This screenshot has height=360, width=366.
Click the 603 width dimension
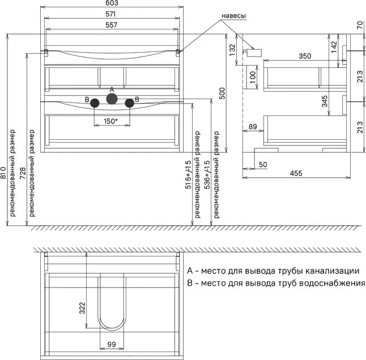(x=112, y=3)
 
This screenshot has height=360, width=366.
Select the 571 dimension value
(x=110, y=14)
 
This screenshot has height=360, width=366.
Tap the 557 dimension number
(x=111, y=25)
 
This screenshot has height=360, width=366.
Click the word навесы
(x=233, y=16)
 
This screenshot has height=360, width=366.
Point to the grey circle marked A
(x=112, y=98)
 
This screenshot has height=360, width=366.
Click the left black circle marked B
(x=95, y=103)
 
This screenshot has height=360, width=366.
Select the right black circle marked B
(x=130, y=103)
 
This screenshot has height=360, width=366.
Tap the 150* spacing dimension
(x=110, y=121)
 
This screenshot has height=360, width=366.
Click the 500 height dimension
(x=222, y=93)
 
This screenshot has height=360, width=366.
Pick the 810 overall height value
(x=3, y=173)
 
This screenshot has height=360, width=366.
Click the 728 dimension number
(x=23, y=173)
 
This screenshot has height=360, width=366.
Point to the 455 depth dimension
(x=296, y=173)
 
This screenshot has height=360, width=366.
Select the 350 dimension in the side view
(x=305, y=56)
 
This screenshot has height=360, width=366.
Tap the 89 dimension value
(x=253, y=127)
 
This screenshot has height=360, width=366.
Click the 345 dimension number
(x=325, y=101)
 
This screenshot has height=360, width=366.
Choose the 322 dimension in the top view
(x=82, y=308)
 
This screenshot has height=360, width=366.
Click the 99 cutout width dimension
(x=112, y=344)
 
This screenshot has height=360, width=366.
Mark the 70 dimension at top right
(x=360, y=25)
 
